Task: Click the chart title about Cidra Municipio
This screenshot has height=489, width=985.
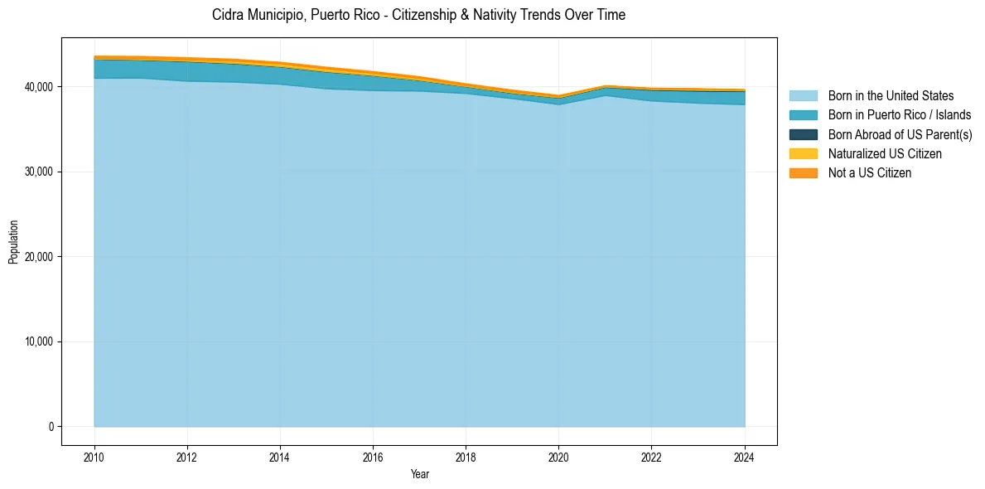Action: click(418, 15)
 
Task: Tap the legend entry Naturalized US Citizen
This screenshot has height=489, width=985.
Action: click(885, 153)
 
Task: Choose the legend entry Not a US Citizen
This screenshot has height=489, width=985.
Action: click(870, 172)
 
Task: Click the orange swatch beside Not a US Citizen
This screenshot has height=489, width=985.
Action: click(803, 172)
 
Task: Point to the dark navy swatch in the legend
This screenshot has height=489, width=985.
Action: click(803, 134)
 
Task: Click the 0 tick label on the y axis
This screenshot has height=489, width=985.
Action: click(50, 427)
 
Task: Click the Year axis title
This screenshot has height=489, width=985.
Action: click(419, 474)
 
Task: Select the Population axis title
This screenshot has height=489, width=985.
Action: click(13, 241)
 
